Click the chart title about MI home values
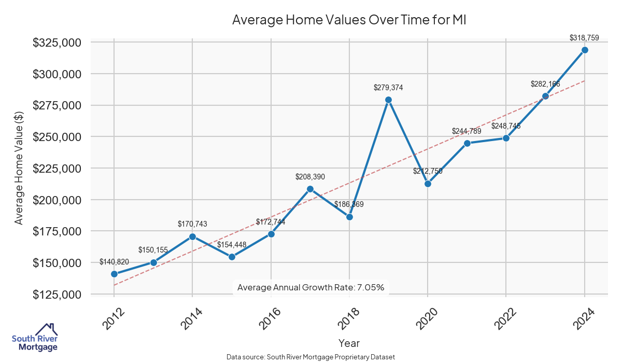349,20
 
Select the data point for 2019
388,100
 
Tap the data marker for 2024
585,50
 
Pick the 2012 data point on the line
114,274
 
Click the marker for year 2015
232,257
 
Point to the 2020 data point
428,184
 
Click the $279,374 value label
388,88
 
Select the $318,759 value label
584,38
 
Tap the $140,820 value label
114,262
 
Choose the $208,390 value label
310,177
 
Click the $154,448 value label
232,245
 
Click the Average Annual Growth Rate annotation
310,287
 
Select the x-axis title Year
349,343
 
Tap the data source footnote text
311,357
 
